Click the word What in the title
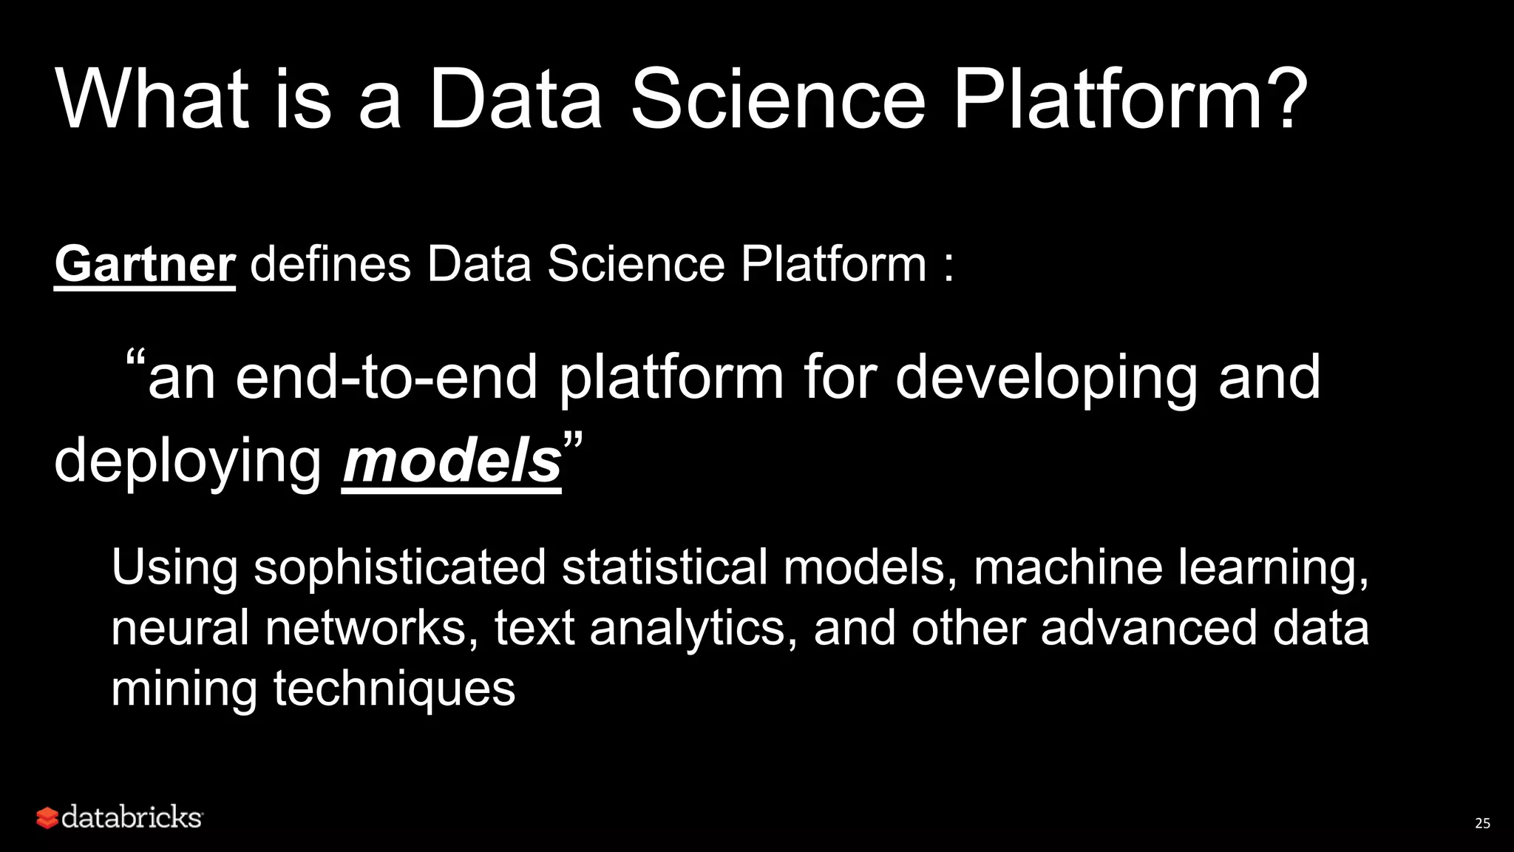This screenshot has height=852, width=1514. pyautogui.click(x=152, y=99)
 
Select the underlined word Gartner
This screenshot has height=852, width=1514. pyautogui.click(x=145, y=264)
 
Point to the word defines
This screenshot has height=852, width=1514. pyautogui.click(x=330, y=264)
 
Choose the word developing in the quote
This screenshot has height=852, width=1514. pyautogui.click(x=1045, y=379)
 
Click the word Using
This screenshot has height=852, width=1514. pyautogui.click(x=174, y=568)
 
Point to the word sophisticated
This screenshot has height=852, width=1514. pyautogui.click(x=400, y=568)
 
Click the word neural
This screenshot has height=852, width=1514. pyautogui.click(x=180, y=628)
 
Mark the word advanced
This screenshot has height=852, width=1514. pyautogui.click(x=1149, y=628)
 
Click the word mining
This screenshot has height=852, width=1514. pyautogui.click(x=184, y=689)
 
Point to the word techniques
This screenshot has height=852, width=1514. pyautogui.click(x=394, y=689)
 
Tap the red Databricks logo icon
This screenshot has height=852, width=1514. pyautogui.click(x=47, y=818)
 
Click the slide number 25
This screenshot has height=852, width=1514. pyautogui.click(x=1482, y=823)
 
